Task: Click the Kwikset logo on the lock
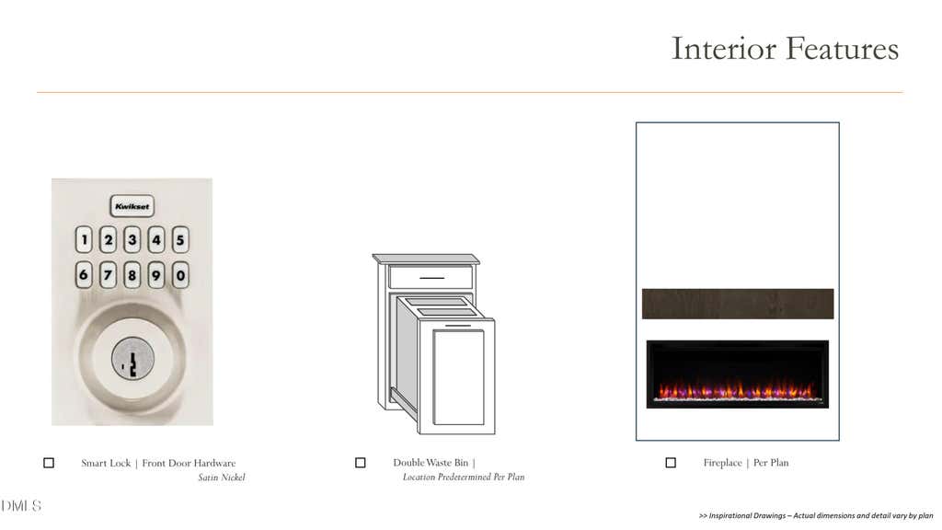(132, 206)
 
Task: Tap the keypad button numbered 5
(180, 239)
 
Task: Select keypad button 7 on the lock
(109, 275)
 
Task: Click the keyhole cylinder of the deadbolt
(132, 358)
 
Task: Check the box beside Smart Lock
(49, 463)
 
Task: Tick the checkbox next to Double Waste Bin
(361, 463)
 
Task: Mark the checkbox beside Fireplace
(671, 463)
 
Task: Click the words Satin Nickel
(222, 478)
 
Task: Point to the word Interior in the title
(723, 49)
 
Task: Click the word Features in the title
(842, 49)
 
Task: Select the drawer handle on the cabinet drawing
(431, 278)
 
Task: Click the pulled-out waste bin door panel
(457, 376)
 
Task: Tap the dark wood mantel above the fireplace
(738, 304)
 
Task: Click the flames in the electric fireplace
(738, 390)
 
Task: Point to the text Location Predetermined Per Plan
(464, 478)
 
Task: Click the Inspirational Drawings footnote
(816, 515)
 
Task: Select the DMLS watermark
(21, 506)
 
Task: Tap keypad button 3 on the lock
(132, 239)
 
